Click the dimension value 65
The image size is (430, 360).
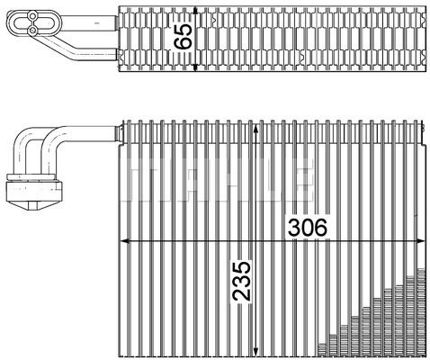tap(183, 36)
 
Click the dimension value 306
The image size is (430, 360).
tap(308, 227)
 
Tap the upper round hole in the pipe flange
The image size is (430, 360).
tap(32, 14)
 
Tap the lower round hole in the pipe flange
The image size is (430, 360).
tap(32, 30)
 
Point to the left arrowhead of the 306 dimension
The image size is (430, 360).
tap(124, 241)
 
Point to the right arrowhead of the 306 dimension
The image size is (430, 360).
tap(420, 241)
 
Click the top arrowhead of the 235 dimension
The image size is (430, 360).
tap(255, 130)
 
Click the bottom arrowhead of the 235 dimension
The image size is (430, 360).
tap(255, 351)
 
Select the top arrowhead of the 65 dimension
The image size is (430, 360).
tap(195, 11)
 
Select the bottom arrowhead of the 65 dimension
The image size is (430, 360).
tap(195, 67)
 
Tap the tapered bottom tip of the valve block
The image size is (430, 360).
tap(33, 206)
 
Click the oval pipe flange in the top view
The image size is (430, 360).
tap(33, 22)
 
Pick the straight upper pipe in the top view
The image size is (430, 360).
tap(88, 23)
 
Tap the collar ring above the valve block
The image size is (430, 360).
tap(32, 177)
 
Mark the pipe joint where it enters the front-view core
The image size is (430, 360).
tap(120, 133)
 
